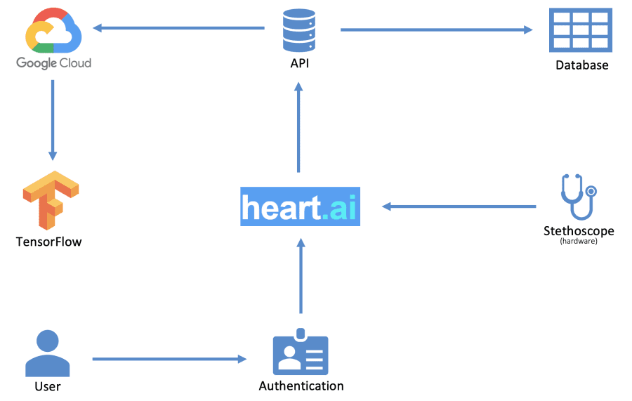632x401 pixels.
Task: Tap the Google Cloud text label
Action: coord(53,63)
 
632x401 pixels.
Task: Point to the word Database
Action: coord(581,65)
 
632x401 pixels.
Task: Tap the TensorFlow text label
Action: coord(48,242)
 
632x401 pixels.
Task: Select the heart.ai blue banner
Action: coord(300,206)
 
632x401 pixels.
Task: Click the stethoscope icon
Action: coord(577,197)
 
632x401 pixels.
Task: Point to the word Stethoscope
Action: coord(579,231)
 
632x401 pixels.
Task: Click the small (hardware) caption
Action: coord(579,242)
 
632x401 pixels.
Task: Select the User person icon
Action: coord(48,354)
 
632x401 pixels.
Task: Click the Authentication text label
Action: coord(301,386)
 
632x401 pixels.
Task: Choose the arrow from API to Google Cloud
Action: coord(179,28)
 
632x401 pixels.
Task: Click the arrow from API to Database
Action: coord(436,29)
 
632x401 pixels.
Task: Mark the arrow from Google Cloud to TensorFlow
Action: coord(53,119)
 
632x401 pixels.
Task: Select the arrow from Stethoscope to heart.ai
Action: coord(459,206)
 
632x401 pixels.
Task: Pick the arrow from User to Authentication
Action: coord(169,359)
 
